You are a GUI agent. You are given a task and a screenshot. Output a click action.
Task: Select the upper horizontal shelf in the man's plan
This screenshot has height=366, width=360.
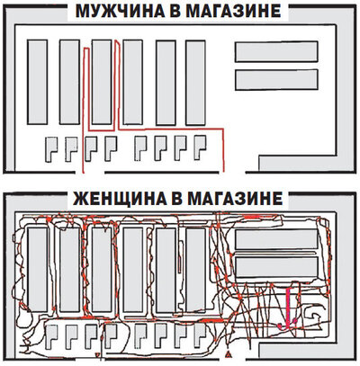tap(276, 52)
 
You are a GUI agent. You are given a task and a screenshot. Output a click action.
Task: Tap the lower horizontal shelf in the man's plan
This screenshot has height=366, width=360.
tap(276, 80)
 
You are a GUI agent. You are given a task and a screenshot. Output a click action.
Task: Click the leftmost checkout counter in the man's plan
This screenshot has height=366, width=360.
tap(50, 148)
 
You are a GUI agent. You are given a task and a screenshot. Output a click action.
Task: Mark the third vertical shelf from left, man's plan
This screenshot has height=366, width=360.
tap(103, 82)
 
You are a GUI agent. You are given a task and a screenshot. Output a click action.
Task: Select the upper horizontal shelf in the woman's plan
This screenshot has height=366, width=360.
tap(276, 238)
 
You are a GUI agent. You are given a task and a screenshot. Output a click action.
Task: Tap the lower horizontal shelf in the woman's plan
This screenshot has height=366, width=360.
tap(276, 266)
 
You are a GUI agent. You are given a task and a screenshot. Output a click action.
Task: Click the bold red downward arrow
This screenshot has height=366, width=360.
tap(289, 310)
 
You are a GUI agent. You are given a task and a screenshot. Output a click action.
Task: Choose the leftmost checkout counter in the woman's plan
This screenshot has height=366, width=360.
tap(50, 337)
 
